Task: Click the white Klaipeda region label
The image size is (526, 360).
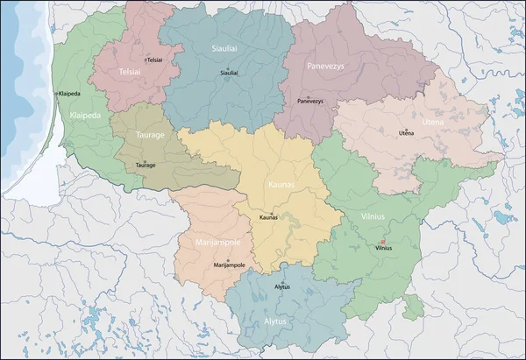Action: pyautogui.click(x=85, y=115)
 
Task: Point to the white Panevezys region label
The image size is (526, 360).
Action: pyautogui.click(x=325, y=66)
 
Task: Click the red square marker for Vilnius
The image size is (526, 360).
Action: pyautogui.click(x=382, y=243)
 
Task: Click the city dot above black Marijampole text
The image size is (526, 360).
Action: pyautogui.click(x=227, y=260)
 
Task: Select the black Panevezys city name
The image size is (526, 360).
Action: pyautogui.click(x=310, y=102)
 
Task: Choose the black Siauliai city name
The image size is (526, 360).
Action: pyautogui.click(x=229, y=73)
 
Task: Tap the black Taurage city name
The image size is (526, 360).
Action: pyautogui.click(x=146, y=165)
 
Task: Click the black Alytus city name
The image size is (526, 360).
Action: pyautogui.click(x=282, y=286)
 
